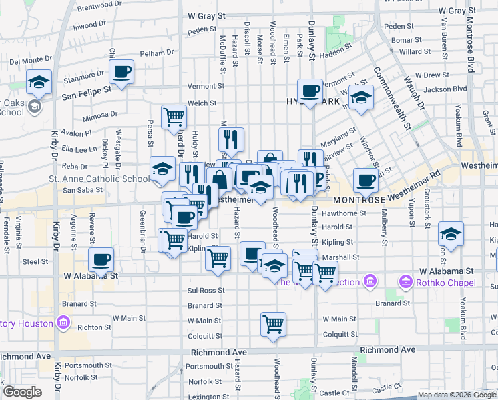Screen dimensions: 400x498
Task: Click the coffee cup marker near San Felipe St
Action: coord(122,72)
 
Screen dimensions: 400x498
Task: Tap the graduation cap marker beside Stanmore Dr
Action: coord(39,83)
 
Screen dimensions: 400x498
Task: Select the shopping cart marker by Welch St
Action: coord(174,116)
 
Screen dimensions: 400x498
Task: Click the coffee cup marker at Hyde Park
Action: coord(310,91)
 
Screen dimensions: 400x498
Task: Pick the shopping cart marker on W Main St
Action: coord(273,324)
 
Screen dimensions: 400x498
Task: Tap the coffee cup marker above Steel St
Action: coord(101,259)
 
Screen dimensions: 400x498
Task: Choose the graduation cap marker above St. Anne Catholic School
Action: coord(162,169)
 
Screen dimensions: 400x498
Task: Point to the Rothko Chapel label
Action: coord(446,283)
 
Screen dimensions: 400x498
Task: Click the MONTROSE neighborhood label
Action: coord(359,199)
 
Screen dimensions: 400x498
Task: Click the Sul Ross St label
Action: coord(204,291)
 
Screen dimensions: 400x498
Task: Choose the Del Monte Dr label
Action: coord(31,61)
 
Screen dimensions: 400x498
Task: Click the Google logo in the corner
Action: coord(22,391)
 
